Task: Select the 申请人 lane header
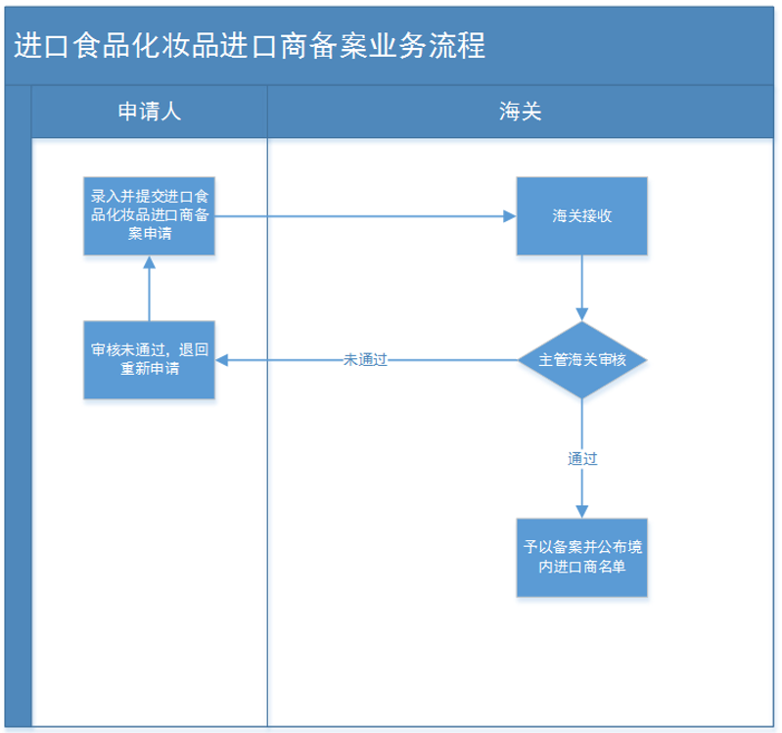[150, 113]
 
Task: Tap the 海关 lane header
[520, 113]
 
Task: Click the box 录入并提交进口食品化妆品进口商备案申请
[150, 216]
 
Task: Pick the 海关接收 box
[582, 216]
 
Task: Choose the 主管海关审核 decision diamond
[582, 360]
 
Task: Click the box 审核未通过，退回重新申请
[150, 360]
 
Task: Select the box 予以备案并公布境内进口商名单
[582, 558]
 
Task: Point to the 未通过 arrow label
[366, 360]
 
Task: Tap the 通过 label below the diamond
[582, 458]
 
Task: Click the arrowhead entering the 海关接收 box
[510, 216]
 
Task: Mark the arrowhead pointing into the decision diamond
[582, 315]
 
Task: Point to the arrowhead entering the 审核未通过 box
[222, 360]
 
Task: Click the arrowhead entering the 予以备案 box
[582, 511]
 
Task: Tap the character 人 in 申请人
[171, 113]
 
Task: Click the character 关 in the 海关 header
[531, 113]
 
